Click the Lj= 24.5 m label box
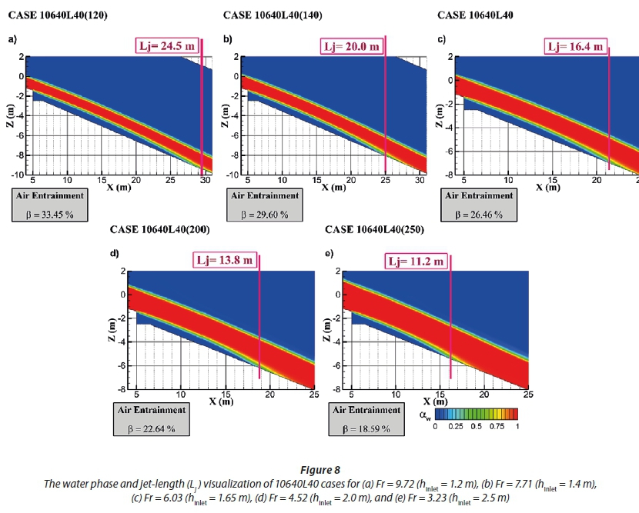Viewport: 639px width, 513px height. point(166,46)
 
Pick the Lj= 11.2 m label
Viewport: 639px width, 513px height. point(417,261)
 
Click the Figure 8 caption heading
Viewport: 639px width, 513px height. point(319,468)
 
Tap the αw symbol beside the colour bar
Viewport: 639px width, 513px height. point(426,415)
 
